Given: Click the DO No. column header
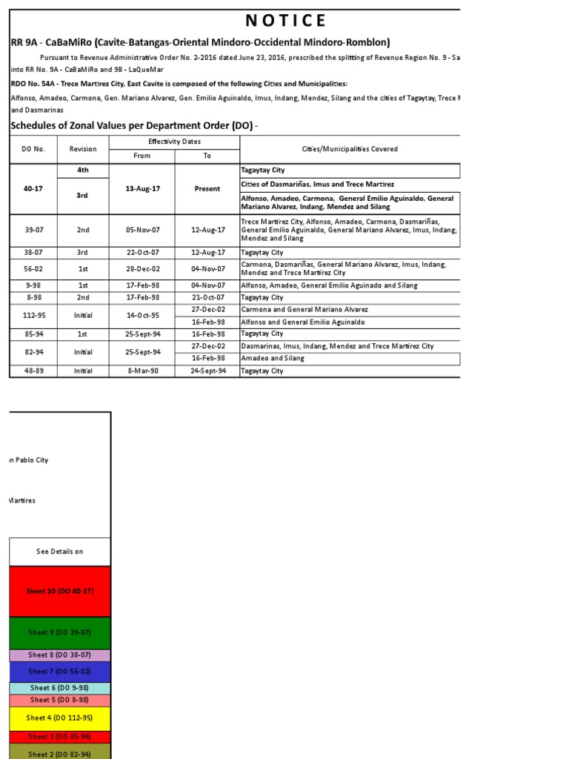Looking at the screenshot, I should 33,149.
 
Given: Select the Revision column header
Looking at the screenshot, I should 83,149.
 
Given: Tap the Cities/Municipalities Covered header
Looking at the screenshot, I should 350,149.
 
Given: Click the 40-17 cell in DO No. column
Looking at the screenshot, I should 33,188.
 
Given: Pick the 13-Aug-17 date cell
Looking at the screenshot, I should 142,188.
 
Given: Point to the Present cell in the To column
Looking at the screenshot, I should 207,188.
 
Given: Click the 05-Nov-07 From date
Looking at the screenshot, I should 142,230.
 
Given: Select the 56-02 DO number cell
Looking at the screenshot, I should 33,268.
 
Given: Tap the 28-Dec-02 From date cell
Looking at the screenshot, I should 142,268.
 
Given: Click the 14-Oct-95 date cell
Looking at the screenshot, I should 142,315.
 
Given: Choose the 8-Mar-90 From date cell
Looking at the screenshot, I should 142,371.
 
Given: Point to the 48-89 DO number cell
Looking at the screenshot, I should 33,371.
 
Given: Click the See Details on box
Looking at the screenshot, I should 60,551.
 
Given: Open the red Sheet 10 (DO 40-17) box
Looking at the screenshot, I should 60,591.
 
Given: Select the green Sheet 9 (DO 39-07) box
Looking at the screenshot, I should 60,632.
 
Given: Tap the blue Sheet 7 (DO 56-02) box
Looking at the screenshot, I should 60,672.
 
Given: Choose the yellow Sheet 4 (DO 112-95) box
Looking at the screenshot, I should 60,718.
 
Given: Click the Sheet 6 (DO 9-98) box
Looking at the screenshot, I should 60,689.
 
